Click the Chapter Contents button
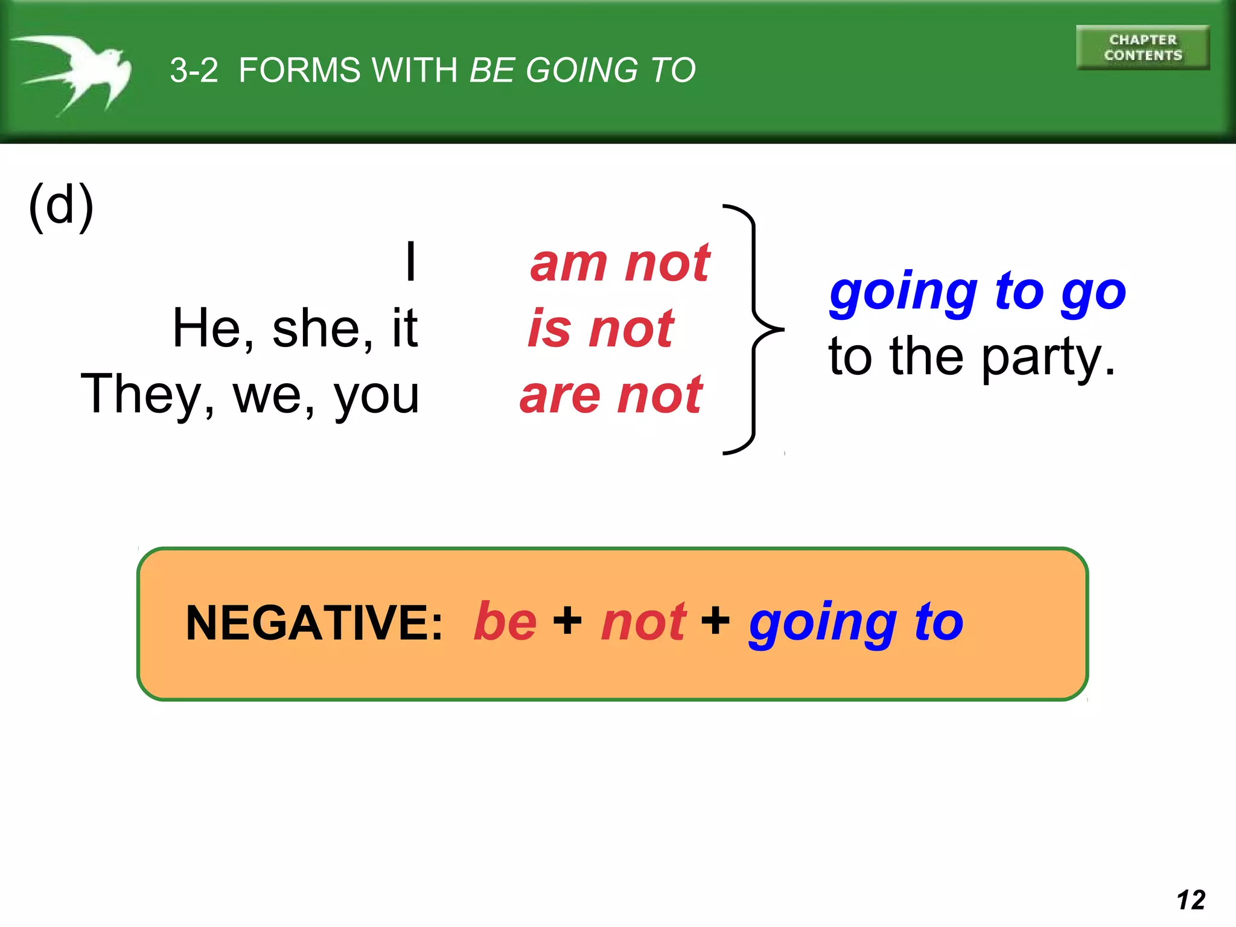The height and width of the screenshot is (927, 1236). point(1142,48)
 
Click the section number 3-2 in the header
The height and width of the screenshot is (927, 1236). point(194,70)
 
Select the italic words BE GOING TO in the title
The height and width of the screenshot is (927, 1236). point(582,70)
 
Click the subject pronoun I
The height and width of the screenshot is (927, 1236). point(410,262)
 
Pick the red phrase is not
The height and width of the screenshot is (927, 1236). point(600,329)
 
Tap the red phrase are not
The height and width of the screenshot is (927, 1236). point(611,395)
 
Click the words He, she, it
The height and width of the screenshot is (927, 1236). point(295,329)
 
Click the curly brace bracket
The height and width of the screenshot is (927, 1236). point(754,330)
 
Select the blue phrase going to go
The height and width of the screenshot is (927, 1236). point(977,292)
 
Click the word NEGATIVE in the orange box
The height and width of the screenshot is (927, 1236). point(314,623)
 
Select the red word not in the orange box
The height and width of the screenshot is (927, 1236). point(643,622)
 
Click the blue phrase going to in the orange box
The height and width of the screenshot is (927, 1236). point(856,623)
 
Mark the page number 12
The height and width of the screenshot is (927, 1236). point(1191,900)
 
